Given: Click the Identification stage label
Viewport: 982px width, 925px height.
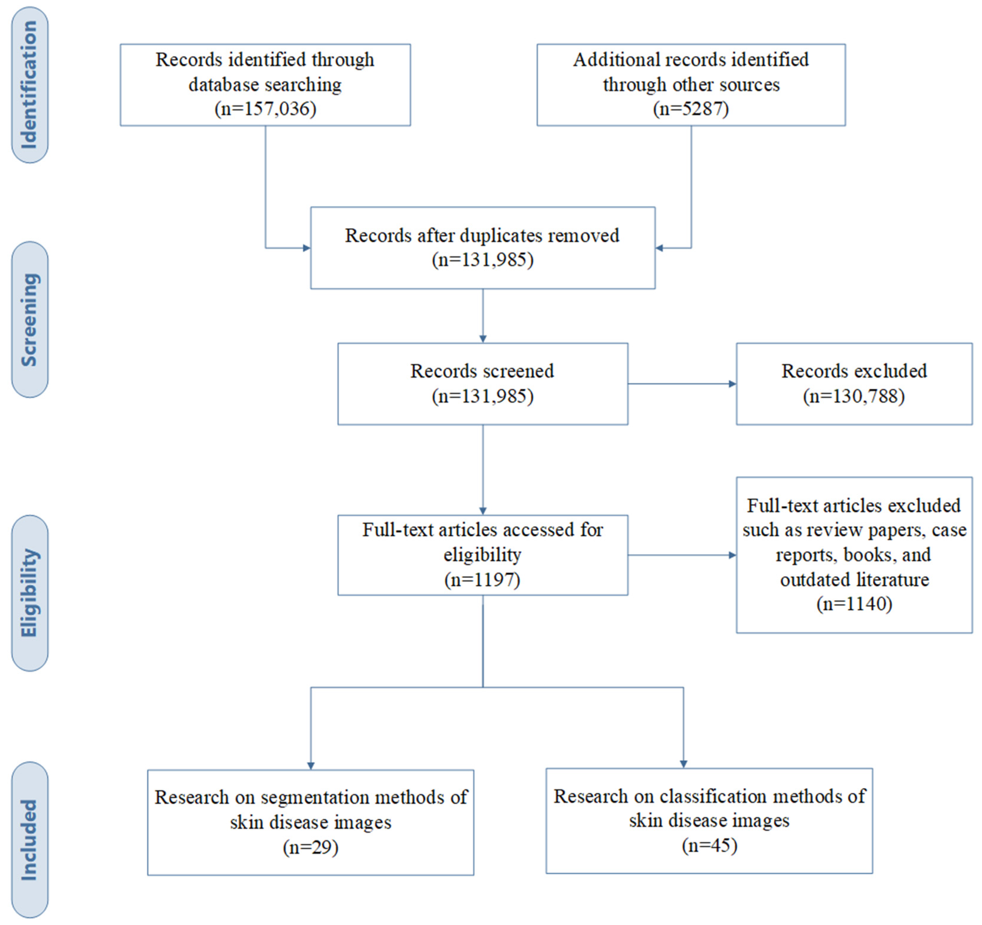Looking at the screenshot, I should (x=30, y=84).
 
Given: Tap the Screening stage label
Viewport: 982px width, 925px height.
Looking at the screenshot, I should (x=30, y=319).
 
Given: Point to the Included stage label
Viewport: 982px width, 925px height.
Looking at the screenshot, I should (x=30, y=840).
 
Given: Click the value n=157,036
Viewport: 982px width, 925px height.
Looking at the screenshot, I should (x=265, y=108).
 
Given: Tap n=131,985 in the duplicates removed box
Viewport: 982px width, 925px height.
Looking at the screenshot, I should (x=483, y=260).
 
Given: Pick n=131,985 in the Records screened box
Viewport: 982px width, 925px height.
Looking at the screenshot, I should (x=483, y=396).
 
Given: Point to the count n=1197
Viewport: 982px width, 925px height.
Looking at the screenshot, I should (x=482, y=579).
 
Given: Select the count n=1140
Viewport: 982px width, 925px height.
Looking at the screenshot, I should (x=854, y=604).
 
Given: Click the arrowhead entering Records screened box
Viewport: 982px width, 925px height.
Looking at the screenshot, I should (x=483, y=338).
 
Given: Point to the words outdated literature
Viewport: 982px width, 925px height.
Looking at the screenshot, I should (x=854, y=579).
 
